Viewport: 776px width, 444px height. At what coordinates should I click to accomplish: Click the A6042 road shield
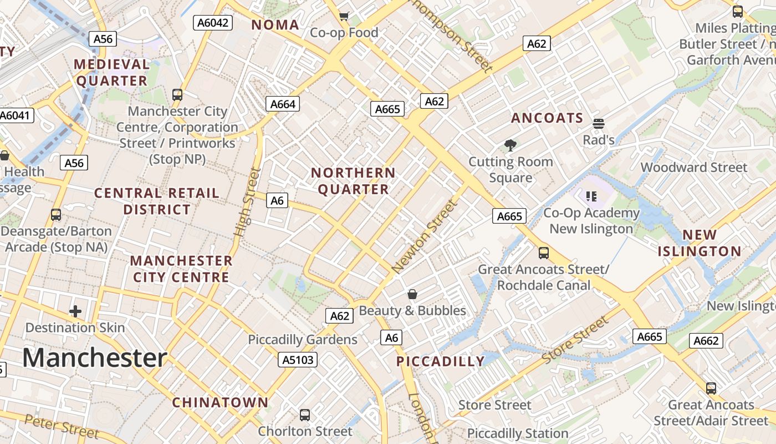coord(213,22)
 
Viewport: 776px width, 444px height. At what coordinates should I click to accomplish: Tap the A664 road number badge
coord(283,104)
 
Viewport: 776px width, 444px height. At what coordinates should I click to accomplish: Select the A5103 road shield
coord(298,360)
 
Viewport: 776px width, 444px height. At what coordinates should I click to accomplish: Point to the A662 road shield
coord(706,340)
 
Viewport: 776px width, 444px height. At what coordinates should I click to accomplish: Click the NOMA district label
coord(275,24)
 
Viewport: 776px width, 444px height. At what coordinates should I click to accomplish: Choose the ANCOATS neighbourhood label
coord(547,118)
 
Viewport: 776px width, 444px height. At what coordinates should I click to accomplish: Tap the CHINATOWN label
coord(220,402)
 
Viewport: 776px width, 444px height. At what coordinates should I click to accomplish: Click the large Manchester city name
coord(95,358)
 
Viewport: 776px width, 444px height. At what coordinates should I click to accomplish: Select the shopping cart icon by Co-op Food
coord(344,16)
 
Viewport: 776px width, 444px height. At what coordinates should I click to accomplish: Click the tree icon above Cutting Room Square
coord(510,145)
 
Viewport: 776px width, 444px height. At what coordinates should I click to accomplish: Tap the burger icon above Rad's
coord(598,123)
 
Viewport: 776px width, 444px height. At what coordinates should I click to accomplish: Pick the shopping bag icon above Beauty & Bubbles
coord(412,294)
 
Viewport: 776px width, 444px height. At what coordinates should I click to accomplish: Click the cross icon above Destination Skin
coord(75,311)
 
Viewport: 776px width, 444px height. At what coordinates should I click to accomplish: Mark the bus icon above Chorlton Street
coord(304,415)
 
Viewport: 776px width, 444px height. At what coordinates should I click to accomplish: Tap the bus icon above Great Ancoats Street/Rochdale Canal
coord(544,253)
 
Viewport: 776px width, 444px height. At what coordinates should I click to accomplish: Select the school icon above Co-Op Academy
coord(591,196)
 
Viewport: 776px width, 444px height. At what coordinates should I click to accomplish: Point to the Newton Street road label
coord(425,236)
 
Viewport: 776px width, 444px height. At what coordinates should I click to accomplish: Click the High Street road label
coord(247,202)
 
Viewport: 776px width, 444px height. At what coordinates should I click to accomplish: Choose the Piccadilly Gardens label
coord(303,339)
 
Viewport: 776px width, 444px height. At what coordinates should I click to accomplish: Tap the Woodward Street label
coord(694,167)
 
